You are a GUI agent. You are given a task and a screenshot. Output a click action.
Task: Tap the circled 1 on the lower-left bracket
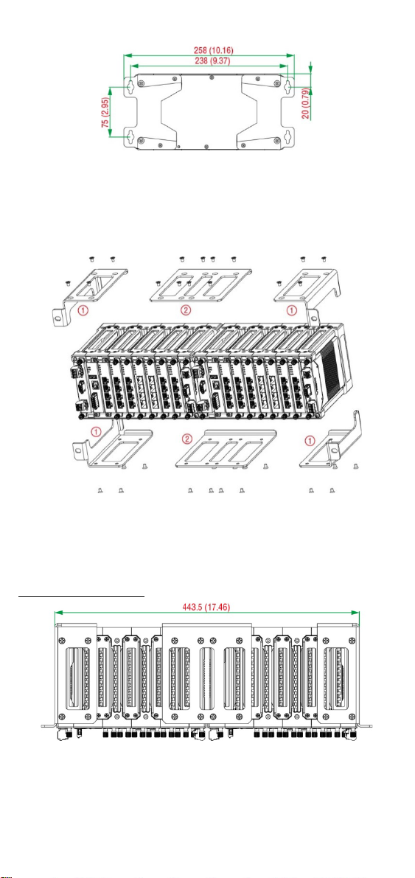[97, 432]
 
